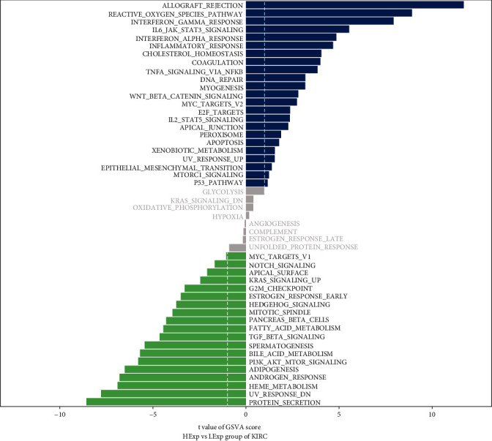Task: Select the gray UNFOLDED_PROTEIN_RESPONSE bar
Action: coord(237,248)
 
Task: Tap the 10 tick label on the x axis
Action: coord(432,415)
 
